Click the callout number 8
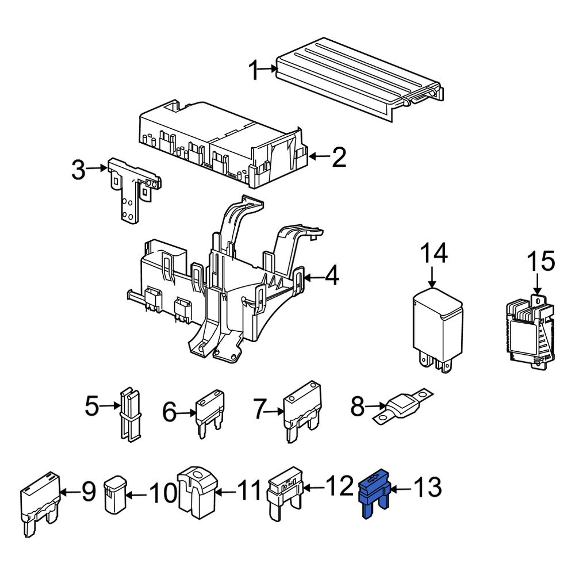point(357,408)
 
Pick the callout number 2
point(339,156)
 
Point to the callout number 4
point(332,278)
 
